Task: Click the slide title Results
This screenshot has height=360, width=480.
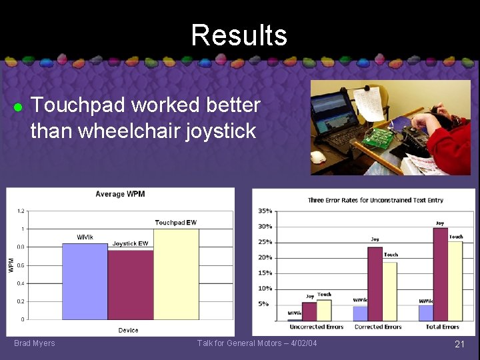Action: pyautogui.click(x=239, y=35)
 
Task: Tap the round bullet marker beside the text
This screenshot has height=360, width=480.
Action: pyautogui.click(x=19, y=107)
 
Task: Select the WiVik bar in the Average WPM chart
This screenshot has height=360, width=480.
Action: pyautogui.click(x=85, y=281)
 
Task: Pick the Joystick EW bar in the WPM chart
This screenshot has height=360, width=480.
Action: pyautogui.click(x=131, y=285)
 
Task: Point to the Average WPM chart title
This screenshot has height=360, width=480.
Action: pyautogui.click(x=120, y=194)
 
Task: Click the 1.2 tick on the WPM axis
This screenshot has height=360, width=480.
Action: pyautogui.click(x=21, y=211)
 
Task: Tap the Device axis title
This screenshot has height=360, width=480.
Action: pyautogui.click(x=129, y=330)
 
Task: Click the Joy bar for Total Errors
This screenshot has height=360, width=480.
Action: pyautogui.click(x=440, y=275)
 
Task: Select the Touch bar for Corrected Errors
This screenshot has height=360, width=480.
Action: pyautogui.click(x=389, y=291)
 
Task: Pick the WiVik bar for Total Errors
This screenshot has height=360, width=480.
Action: pyautogui.click(x=425, y=313)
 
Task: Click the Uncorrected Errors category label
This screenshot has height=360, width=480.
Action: pyautogui.click(x=316, y=327)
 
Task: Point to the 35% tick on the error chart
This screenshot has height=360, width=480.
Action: pyautogui.click(x=265, y=211)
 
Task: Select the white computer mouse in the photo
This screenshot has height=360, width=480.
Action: pyautogui.click(x=319, y=157)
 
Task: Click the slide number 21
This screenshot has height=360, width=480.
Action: pyautogui.click(x=459, y=344)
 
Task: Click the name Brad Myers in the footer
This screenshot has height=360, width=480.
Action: pyautogui.click(x=35, y=343)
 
